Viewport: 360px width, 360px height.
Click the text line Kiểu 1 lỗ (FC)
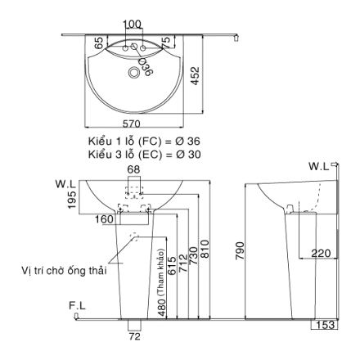[x=144, y=142]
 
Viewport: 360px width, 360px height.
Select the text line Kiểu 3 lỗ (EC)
[x=144, y=154]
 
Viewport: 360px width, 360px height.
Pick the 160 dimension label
[x=103, y=219]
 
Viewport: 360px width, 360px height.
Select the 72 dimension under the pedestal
[x=136, y=335]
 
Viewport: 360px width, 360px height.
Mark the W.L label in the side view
[x=319, y=166]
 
